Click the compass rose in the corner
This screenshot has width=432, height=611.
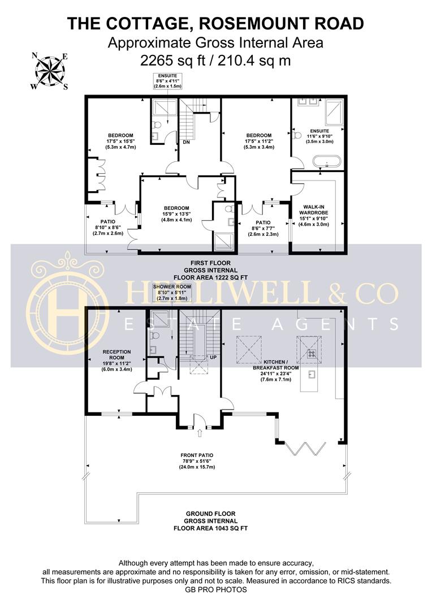tap(50, 71)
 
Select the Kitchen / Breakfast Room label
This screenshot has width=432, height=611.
tap(276, 371)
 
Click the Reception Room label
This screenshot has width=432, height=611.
tap(116, 360)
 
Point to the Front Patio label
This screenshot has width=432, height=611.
tap(197, 461)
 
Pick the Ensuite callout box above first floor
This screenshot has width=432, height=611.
tap(167, 81)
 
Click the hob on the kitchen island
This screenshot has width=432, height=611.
tap(312, 354)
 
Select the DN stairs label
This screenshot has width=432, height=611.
tap(186, 142)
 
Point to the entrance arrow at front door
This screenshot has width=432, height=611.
tap(200, 432)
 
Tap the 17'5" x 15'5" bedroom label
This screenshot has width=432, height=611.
tap(121, 141)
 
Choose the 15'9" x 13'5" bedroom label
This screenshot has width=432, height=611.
tap(176, 214)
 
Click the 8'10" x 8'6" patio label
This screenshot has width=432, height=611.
tap(108, 227)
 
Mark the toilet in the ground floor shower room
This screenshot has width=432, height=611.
tap(155, 335)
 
